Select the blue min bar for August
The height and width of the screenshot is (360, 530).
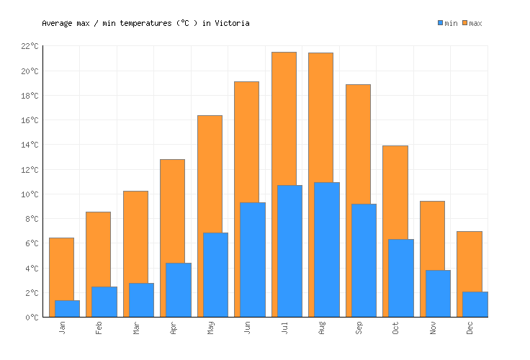point(327,249)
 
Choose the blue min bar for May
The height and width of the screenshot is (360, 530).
point(215,274)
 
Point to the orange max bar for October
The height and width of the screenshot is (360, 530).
point(395,192)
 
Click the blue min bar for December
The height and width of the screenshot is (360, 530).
point(475,304)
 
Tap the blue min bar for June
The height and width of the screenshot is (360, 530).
point(253,259)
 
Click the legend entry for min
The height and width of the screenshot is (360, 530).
point(447,23)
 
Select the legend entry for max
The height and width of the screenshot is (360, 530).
point(472,23)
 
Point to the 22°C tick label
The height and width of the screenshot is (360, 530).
point(30,46)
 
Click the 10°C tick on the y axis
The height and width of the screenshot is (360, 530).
point(30,194)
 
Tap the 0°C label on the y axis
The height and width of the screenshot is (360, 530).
point(32,318)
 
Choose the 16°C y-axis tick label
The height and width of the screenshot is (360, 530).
point(30,120)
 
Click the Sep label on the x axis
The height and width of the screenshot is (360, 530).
point(360,328)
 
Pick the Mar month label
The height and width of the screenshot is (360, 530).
point(137,328)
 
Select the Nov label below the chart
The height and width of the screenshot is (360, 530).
point(434,328)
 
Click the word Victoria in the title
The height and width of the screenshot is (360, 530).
point(232,23)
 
